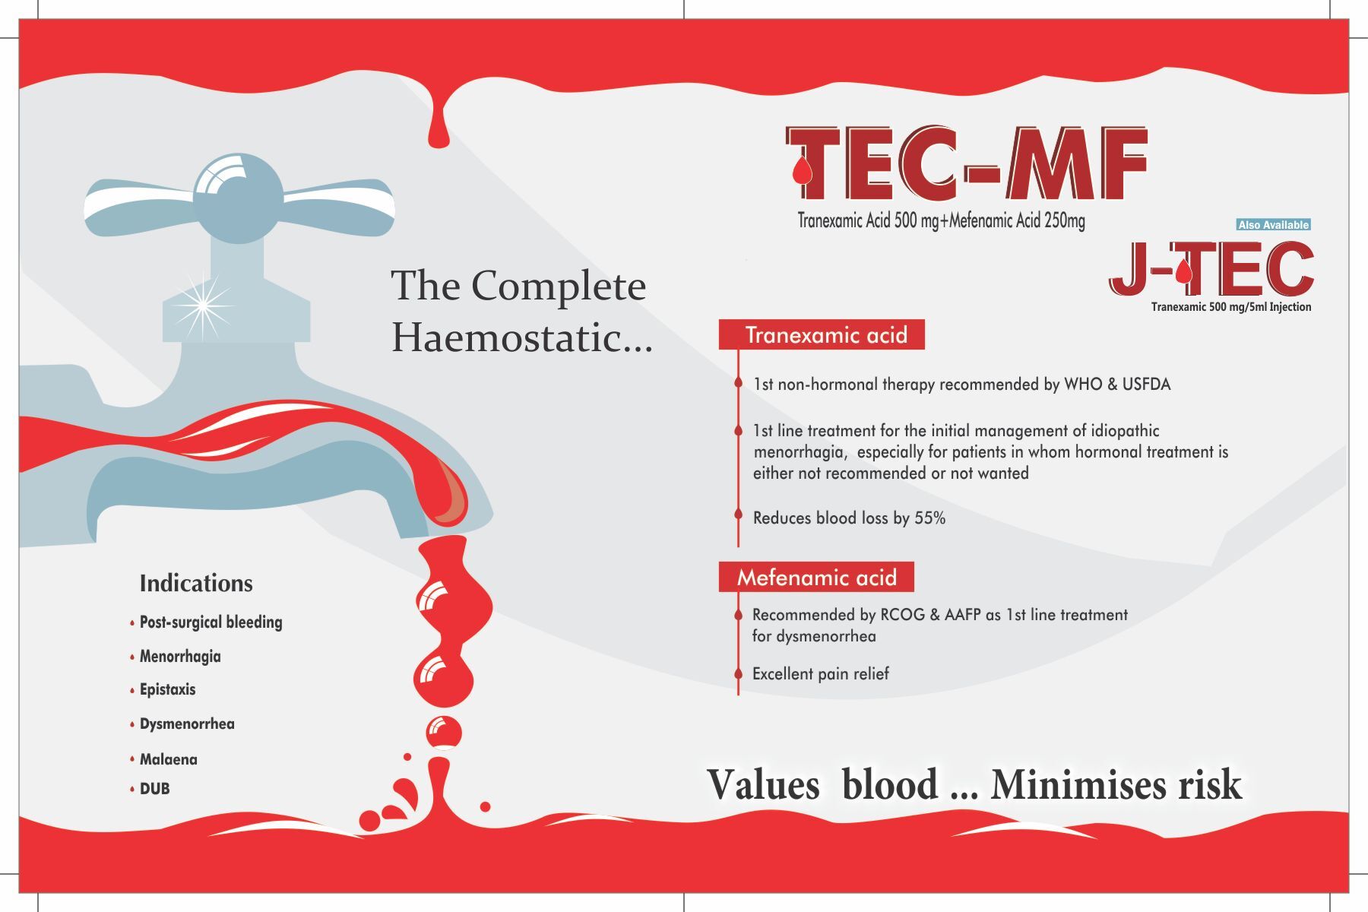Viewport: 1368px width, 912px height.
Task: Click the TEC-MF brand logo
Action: [966, 164]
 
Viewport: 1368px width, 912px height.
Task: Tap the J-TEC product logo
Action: [1211, 269]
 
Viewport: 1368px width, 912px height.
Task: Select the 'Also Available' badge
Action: [1273, 224]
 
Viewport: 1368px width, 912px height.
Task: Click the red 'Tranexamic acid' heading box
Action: [822, 334]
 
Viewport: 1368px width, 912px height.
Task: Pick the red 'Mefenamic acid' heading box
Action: [816, 577]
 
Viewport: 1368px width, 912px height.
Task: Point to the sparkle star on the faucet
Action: [204, 305]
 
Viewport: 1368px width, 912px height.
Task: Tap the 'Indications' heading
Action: [196, 583]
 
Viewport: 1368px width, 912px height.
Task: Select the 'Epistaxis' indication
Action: [167, 689]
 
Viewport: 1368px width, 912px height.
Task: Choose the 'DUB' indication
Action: [154, 788]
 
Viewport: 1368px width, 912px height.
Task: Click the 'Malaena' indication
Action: [168, 758]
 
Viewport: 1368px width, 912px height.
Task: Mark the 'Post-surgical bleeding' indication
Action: [211, 622]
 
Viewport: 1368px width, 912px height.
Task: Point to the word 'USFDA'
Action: [1146, 385]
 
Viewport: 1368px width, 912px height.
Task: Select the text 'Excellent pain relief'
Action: [820, 673]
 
